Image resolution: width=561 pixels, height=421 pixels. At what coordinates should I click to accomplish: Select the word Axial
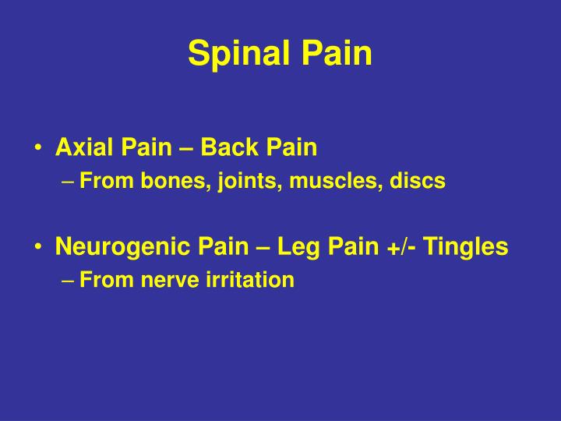(x=85, y=148)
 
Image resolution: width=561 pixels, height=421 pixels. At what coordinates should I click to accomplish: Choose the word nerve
(x=169, y=280)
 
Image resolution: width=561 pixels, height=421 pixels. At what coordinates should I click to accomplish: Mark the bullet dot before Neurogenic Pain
(x=38, y=248)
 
